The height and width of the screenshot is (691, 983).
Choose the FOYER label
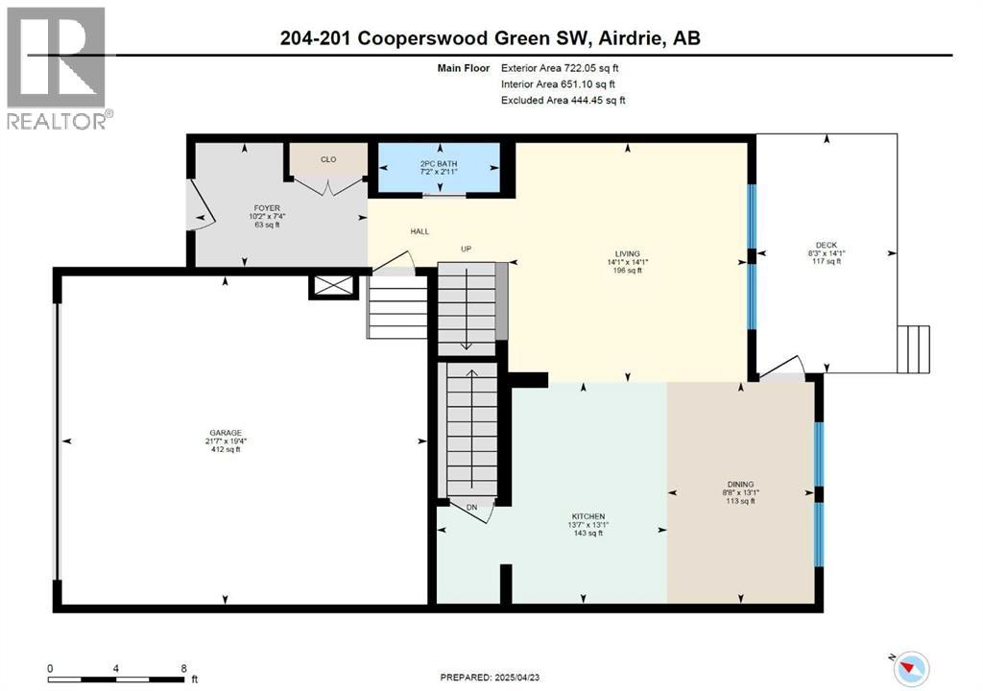pyautogui.click(x=267, y=207)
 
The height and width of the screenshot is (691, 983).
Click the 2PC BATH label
pyautogui.click(x=439, y=164)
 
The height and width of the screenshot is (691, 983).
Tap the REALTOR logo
pyautogui.click(x=59, y=67)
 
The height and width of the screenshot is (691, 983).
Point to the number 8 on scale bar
pyautogui.click(x=182, y=668)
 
